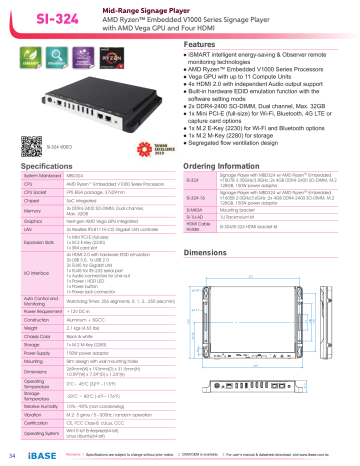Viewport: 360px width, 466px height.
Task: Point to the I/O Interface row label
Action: point(37,271)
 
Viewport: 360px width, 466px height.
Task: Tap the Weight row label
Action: point(33,327)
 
